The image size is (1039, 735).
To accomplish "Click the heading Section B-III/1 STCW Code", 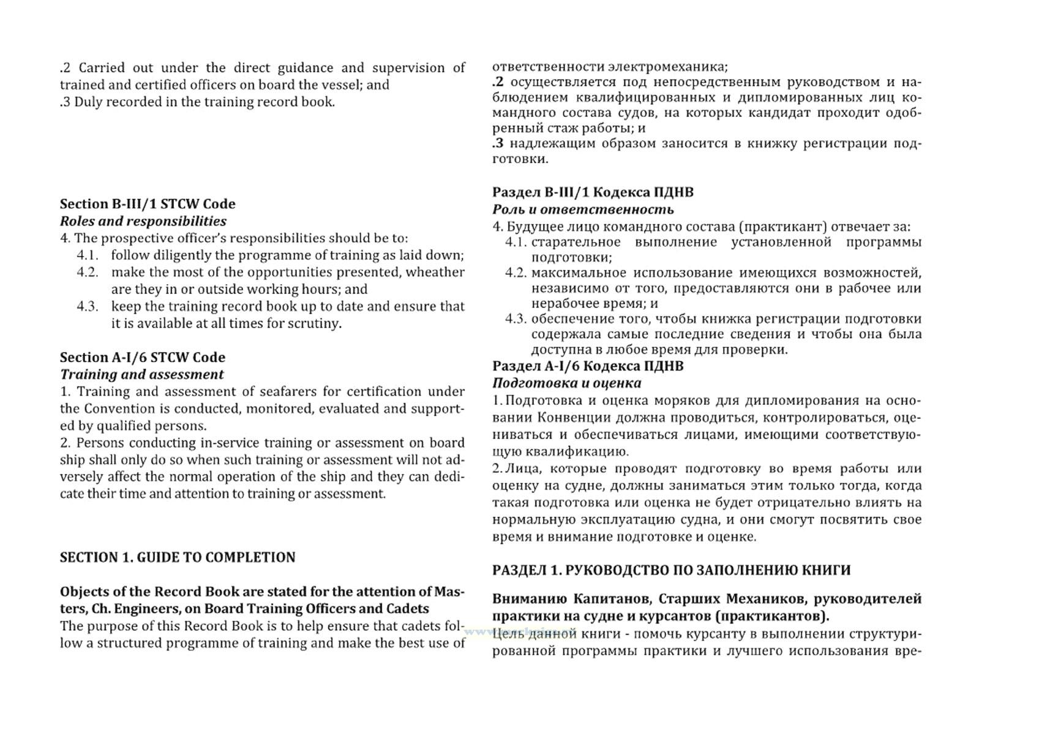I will click(148, 204).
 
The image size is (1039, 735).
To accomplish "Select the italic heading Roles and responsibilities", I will click(143, 221).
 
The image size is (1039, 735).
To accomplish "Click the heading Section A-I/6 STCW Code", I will click(143, 357).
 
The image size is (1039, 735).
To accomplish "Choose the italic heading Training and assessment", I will click(142, 374).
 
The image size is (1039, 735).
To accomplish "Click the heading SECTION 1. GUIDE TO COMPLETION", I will click(178, 557).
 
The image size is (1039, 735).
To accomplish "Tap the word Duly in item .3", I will click(87, 102).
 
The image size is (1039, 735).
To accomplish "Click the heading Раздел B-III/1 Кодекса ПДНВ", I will click(593, 192).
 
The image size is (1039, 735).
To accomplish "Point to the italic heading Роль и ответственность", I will click(583, 209).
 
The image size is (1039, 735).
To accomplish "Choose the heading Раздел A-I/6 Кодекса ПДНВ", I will click(588, 366).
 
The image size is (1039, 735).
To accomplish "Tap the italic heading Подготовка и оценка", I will click(567, 383).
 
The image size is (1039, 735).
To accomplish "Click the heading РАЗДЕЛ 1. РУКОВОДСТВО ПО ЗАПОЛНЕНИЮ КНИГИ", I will click(671, 570).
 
